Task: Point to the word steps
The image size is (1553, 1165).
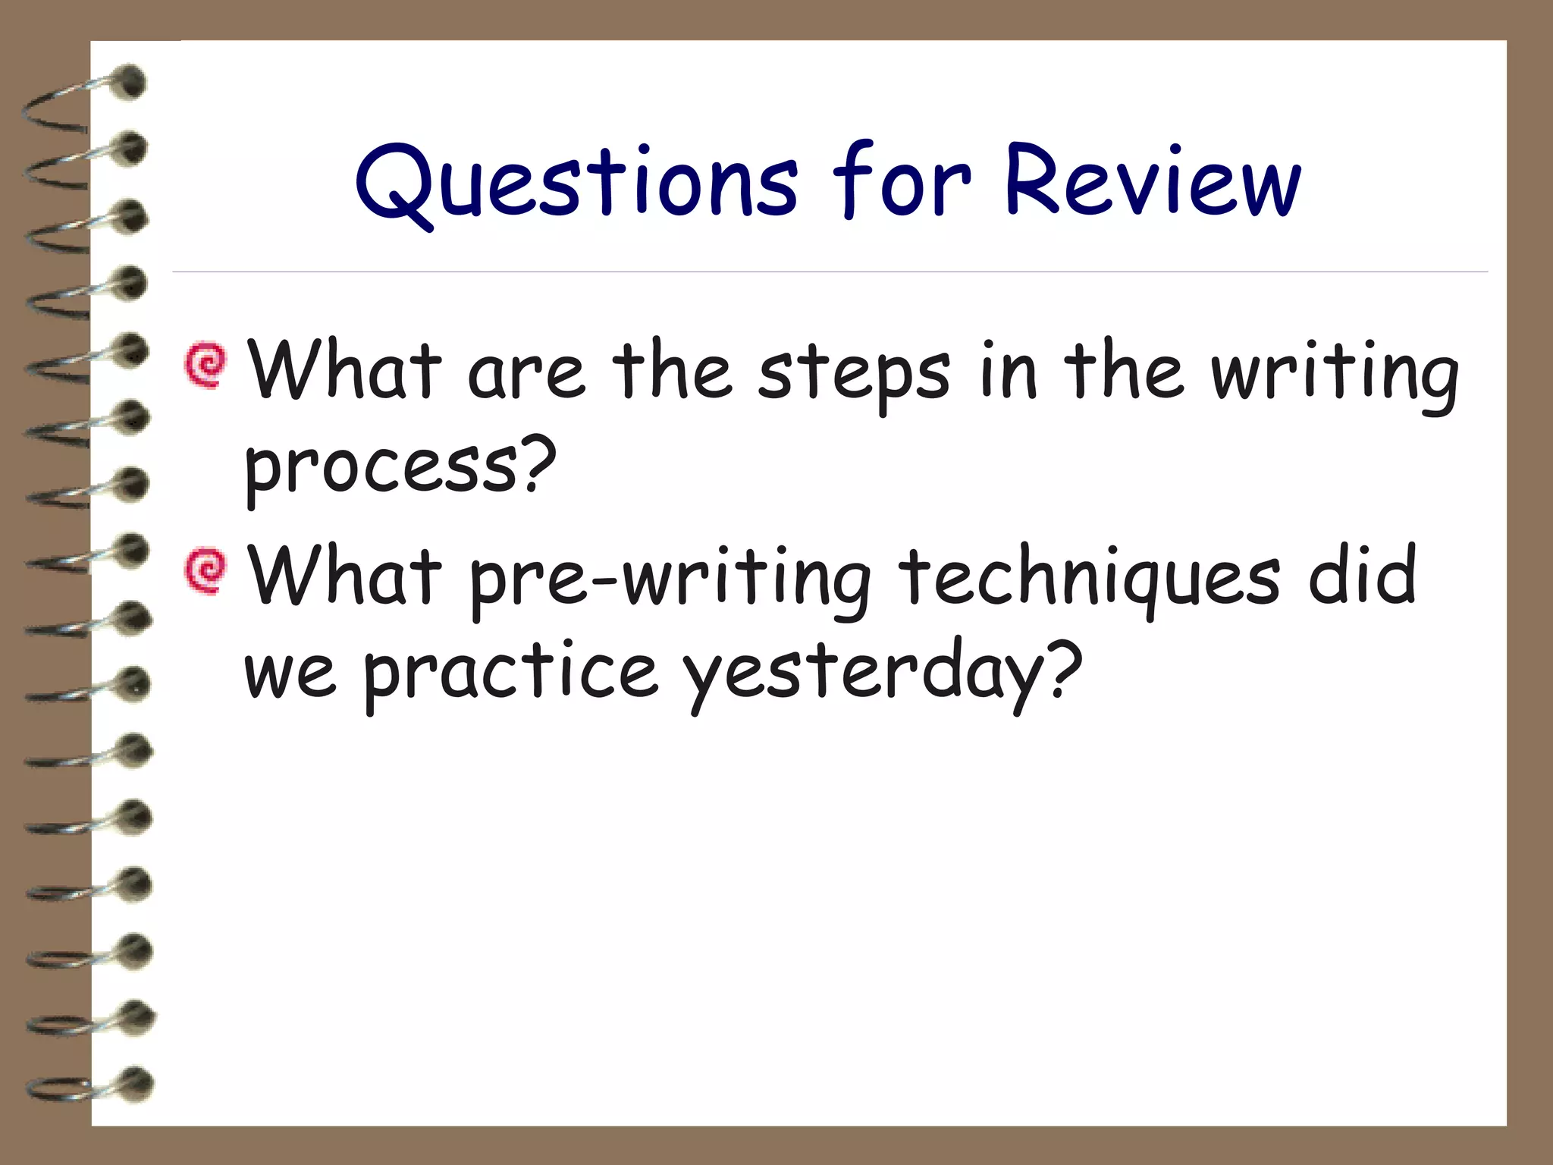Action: click(853, 375)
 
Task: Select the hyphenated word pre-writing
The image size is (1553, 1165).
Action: click(670, 580)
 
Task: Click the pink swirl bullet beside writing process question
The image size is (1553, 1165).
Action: click(205, 366)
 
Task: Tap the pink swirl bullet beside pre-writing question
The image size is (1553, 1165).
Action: click(205, 570)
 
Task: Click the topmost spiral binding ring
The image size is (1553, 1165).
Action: click(83, 99)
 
